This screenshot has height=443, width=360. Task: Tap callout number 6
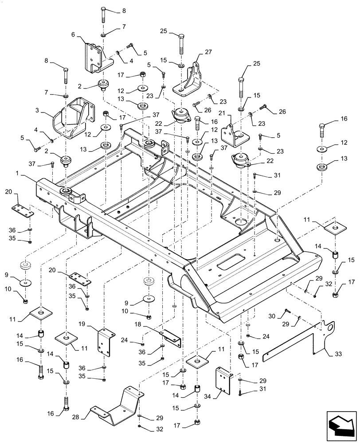tap(73, 34)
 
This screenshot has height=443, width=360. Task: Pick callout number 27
tap(208, 52)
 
